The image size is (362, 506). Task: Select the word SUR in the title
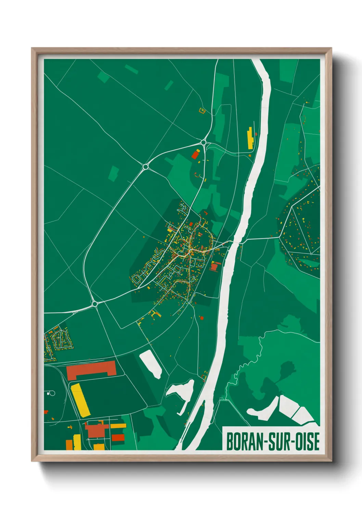[275, 441]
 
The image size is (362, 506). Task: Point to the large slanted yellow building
[80, 400]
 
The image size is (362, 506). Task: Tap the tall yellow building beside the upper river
[250, 138]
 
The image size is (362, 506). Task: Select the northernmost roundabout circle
[204, 142]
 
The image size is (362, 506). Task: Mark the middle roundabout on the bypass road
[145, 167]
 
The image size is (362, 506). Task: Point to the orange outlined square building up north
[202, 110]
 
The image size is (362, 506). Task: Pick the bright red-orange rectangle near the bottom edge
[118, 438]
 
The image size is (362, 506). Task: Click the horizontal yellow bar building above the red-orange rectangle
[118, 426]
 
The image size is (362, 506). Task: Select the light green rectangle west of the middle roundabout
[114, 173]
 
